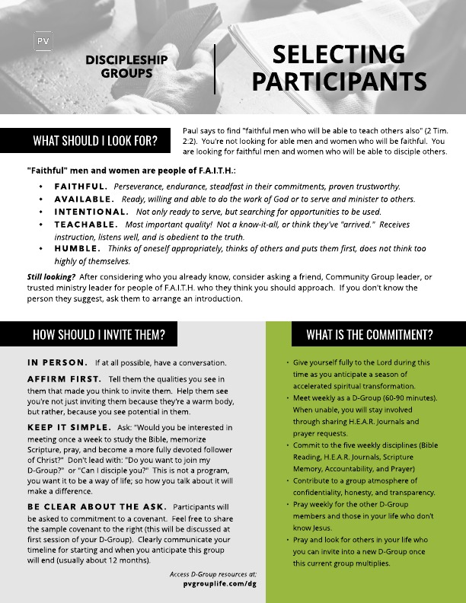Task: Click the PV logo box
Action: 43,41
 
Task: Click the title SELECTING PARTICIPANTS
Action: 338,67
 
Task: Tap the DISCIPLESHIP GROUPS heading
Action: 126,67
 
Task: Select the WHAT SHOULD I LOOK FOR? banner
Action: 95,140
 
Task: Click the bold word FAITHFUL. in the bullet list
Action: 80,187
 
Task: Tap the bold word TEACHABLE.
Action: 85,225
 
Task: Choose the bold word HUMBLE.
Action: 76,249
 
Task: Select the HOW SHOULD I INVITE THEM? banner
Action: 99,334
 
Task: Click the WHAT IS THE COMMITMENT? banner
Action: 369,334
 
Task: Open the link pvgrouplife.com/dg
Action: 217,582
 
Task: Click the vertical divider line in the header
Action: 215,69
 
